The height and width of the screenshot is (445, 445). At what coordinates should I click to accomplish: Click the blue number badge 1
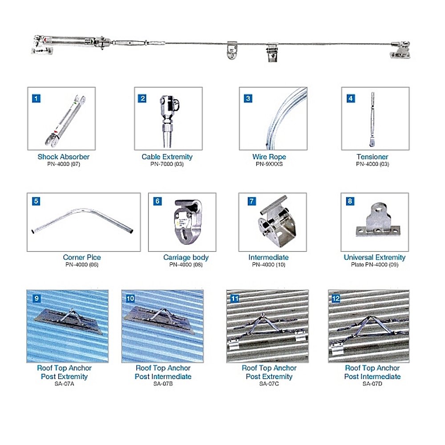pos(36,98)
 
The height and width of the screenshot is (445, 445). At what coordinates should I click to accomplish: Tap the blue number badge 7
pos(251,201)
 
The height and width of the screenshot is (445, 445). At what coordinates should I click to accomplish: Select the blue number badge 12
pos(336,298)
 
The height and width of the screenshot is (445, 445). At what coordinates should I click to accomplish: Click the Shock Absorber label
pos(64,157)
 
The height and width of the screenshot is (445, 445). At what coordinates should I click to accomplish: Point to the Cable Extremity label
pos(167,157)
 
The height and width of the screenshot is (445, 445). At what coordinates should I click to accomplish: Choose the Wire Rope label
pos(269,157)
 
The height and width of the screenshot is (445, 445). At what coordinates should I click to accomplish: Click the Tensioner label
pos(372,157)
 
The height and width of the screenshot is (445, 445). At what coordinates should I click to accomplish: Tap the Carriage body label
pos(186,257)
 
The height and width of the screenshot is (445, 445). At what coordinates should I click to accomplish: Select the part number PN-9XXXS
pos(269,164)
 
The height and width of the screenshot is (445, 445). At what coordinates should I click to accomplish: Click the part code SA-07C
pos(269,384)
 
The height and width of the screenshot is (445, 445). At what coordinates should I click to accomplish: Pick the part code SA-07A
pos(65,384)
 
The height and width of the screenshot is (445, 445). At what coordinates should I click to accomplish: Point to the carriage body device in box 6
pos(188,221)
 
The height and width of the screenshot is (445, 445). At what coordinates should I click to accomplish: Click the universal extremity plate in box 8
pos(378,220)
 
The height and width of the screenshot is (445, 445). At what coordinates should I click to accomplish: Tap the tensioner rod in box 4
pos(372,119)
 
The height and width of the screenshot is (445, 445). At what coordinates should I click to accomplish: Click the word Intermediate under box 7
pos(268,257)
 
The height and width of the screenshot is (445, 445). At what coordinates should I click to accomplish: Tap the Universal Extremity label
pos(375,257)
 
